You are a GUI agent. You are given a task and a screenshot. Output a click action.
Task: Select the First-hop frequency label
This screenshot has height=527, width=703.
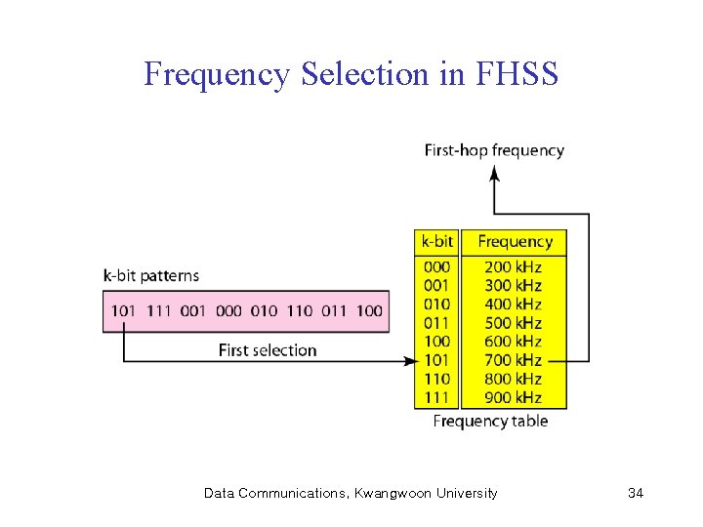tap(494, 150)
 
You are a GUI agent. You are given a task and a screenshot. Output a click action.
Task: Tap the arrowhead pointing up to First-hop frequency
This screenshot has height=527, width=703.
tap(494, 173)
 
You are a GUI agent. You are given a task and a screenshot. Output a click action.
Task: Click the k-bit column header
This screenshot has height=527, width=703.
tap(436, 241)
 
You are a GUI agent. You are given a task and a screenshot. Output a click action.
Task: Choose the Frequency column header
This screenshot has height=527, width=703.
tap(515, 241)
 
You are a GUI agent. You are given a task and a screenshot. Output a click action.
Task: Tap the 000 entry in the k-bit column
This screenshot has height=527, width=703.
tap(436, 266)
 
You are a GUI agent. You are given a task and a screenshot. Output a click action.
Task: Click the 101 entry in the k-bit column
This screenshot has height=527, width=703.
tap(436, 360)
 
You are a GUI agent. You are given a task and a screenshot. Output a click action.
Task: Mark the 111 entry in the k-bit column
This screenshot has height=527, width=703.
tap(436, 397)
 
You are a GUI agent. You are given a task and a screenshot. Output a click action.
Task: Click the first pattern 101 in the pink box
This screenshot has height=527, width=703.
tap(124, 310)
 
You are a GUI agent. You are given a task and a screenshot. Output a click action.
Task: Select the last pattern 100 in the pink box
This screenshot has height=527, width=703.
tap(369, 310)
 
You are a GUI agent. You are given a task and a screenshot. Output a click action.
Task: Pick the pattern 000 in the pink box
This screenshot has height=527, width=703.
tap(228, 310)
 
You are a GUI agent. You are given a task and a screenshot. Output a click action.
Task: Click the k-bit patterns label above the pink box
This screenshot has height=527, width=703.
tap(150, 276)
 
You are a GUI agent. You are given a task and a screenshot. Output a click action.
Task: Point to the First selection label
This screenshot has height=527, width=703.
tap(268, 349)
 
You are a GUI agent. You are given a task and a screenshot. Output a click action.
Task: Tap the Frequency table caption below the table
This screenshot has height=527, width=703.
tap(490, 421)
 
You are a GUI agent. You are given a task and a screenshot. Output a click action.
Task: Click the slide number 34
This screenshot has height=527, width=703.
tap(636, 493)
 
